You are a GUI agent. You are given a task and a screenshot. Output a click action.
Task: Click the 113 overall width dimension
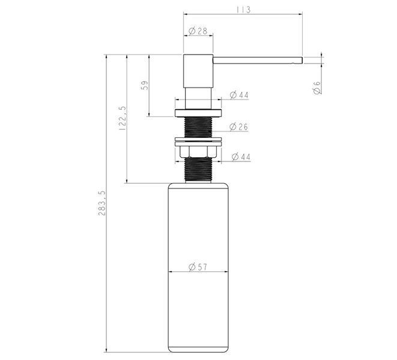243,10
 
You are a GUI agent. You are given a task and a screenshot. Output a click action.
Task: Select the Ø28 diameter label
198,31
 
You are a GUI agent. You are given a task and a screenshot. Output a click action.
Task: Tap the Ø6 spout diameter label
317,88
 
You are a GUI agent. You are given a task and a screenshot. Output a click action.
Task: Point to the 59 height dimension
145,85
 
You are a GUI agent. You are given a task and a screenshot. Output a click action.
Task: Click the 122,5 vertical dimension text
123,118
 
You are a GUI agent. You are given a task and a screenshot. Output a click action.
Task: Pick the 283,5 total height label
102,203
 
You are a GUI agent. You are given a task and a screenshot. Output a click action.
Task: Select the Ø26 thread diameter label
238,127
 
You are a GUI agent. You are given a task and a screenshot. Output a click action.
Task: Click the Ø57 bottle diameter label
198,266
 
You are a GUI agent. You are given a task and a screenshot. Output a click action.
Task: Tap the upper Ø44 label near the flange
239,95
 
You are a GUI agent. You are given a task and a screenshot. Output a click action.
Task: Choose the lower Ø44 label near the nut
241,157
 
